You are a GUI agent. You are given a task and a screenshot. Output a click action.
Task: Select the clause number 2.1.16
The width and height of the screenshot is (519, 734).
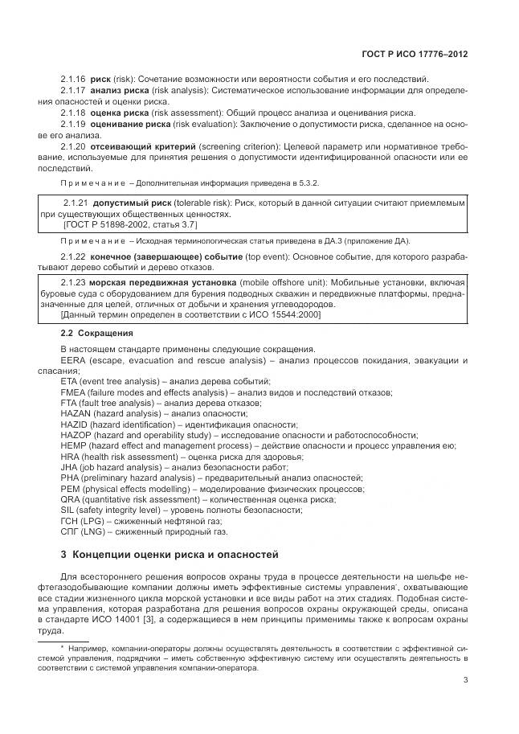point(74,79)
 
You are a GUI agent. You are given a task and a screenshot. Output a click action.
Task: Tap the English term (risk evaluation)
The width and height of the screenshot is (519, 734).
point(198,125)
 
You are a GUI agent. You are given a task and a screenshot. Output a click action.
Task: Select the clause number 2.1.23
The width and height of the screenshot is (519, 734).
point(75,283)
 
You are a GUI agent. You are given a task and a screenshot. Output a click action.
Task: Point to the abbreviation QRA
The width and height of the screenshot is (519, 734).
point(71,498)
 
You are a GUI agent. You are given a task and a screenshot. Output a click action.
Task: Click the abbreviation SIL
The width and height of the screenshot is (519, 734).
point(68,510)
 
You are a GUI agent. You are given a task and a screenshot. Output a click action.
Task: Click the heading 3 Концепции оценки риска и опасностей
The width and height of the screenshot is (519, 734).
point(170,554)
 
